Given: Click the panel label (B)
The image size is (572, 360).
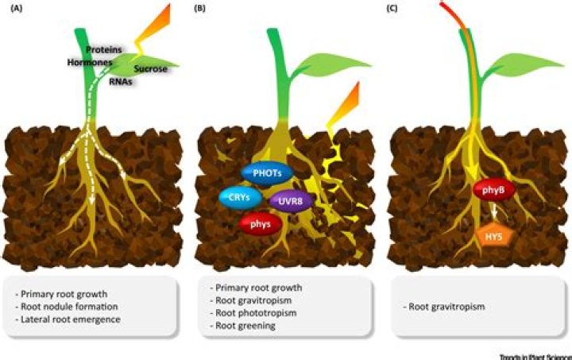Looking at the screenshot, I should click(x=203, y=9).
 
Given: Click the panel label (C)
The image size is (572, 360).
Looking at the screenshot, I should click(x=395, y=9).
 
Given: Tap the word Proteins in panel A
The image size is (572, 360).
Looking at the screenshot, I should click(x=103, y=48).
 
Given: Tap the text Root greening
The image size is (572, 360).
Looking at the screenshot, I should click(x=242, y=325).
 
